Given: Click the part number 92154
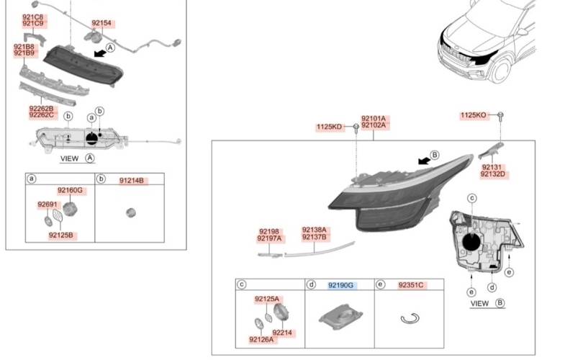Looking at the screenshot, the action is point(101,24).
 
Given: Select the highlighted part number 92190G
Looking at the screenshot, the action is point(340,285).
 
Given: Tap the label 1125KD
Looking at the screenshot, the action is point(329,127).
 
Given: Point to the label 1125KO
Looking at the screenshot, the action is point(474,115).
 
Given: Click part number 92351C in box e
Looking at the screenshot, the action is point(411,285).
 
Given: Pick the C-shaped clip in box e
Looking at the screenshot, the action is point(410,319).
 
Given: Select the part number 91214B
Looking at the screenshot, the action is point(132,181).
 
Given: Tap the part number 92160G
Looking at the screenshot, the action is point(70,190).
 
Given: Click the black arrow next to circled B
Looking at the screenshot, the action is point(424,161).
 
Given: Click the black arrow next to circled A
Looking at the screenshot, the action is point(100,53).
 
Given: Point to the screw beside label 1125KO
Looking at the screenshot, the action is point(500,116).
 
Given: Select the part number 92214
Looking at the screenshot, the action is point(282,333).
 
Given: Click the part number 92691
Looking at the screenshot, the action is point(48,204).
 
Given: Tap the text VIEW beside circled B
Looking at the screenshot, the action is point(479,303).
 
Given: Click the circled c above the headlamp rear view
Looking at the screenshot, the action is point(472,198).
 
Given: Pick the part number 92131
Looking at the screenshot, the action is point(492,167).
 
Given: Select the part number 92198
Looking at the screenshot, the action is point(269,231).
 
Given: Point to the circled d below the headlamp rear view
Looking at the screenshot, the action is point(492,287).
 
